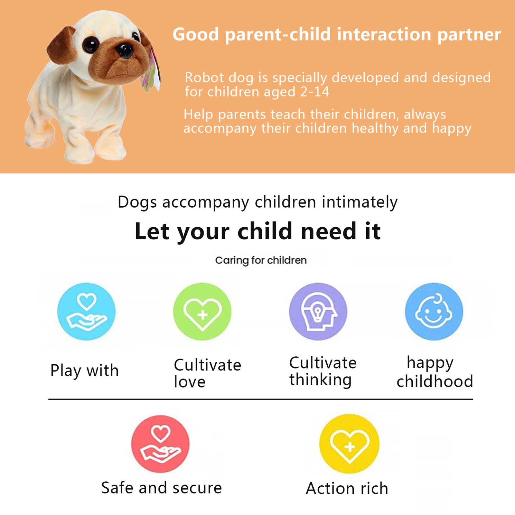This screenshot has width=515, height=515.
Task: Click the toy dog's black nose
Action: [x=125, y=51]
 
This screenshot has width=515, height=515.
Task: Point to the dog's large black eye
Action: [x=91, y=44]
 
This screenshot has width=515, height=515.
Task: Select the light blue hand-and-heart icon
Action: [x=86, y=312]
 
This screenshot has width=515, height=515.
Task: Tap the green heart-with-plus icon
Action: [x=202, y=312]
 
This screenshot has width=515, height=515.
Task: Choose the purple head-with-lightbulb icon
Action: [x=318, y=312]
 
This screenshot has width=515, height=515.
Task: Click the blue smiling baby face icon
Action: [x=434, y=312]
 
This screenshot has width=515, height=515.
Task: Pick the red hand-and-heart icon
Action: [x=160, y=444]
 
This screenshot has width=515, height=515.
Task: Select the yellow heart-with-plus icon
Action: [x=349, y=444]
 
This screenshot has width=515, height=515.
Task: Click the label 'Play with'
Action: [x=85, y=371]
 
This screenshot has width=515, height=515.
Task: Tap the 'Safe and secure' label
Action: [x=162, y=488]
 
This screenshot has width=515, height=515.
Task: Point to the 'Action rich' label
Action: [x=347, y=488]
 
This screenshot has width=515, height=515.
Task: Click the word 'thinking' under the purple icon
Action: [x=320, y=380]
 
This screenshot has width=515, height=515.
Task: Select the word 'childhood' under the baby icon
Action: [x=435, y=381]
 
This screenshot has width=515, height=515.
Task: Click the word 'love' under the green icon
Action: [x=190, y=382]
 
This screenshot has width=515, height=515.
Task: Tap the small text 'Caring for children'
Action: [x=261, y=260]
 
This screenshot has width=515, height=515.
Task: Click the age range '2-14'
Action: [x=315, y=92]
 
